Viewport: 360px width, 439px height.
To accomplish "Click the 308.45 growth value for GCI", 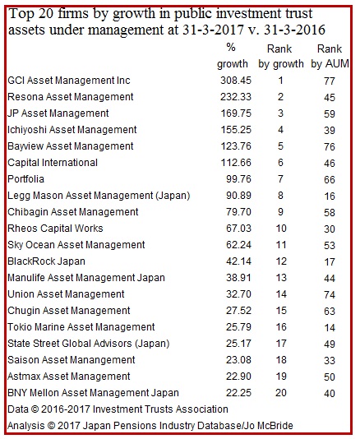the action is [x=236, y=81].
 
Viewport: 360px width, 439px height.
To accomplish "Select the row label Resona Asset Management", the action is [x=71, y=97].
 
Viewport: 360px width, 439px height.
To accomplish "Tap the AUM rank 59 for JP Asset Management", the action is [x=330, y=114].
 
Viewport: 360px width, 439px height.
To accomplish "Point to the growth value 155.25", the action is [x=236, y=130].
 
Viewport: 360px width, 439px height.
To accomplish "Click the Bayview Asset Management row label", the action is [x=71, y=146].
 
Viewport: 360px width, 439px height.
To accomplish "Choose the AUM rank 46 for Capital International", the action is [x=330, y=164].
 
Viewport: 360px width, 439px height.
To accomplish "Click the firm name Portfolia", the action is [x=25, y=179].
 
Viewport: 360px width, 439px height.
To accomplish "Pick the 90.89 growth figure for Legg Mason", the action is [x=238, y=196].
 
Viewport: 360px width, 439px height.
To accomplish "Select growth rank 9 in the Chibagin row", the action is [x=280, y=212].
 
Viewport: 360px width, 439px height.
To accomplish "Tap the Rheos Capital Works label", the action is [x=55, y=229].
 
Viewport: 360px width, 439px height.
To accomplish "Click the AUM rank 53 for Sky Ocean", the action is [x=330, y=246].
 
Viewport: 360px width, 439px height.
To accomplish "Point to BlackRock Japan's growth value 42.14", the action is [x=238, y=261].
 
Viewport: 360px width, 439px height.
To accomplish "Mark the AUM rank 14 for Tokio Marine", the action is [x=330, y=328].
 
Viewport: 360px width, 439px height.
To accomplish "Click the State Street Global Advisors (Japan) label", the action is [x=89, y=344].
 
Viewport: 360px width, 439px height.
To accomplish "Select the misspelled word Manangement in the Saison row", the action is [x=105, y=360].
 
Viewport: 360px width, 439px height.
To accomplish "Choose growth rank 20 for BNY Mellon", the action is [x=280, y=393].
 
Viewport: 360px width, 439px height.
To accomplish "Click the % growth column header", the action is [x=233, y=56].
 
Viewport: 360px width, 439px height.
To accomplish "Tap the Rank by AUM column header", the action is [x=330, y=56].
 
